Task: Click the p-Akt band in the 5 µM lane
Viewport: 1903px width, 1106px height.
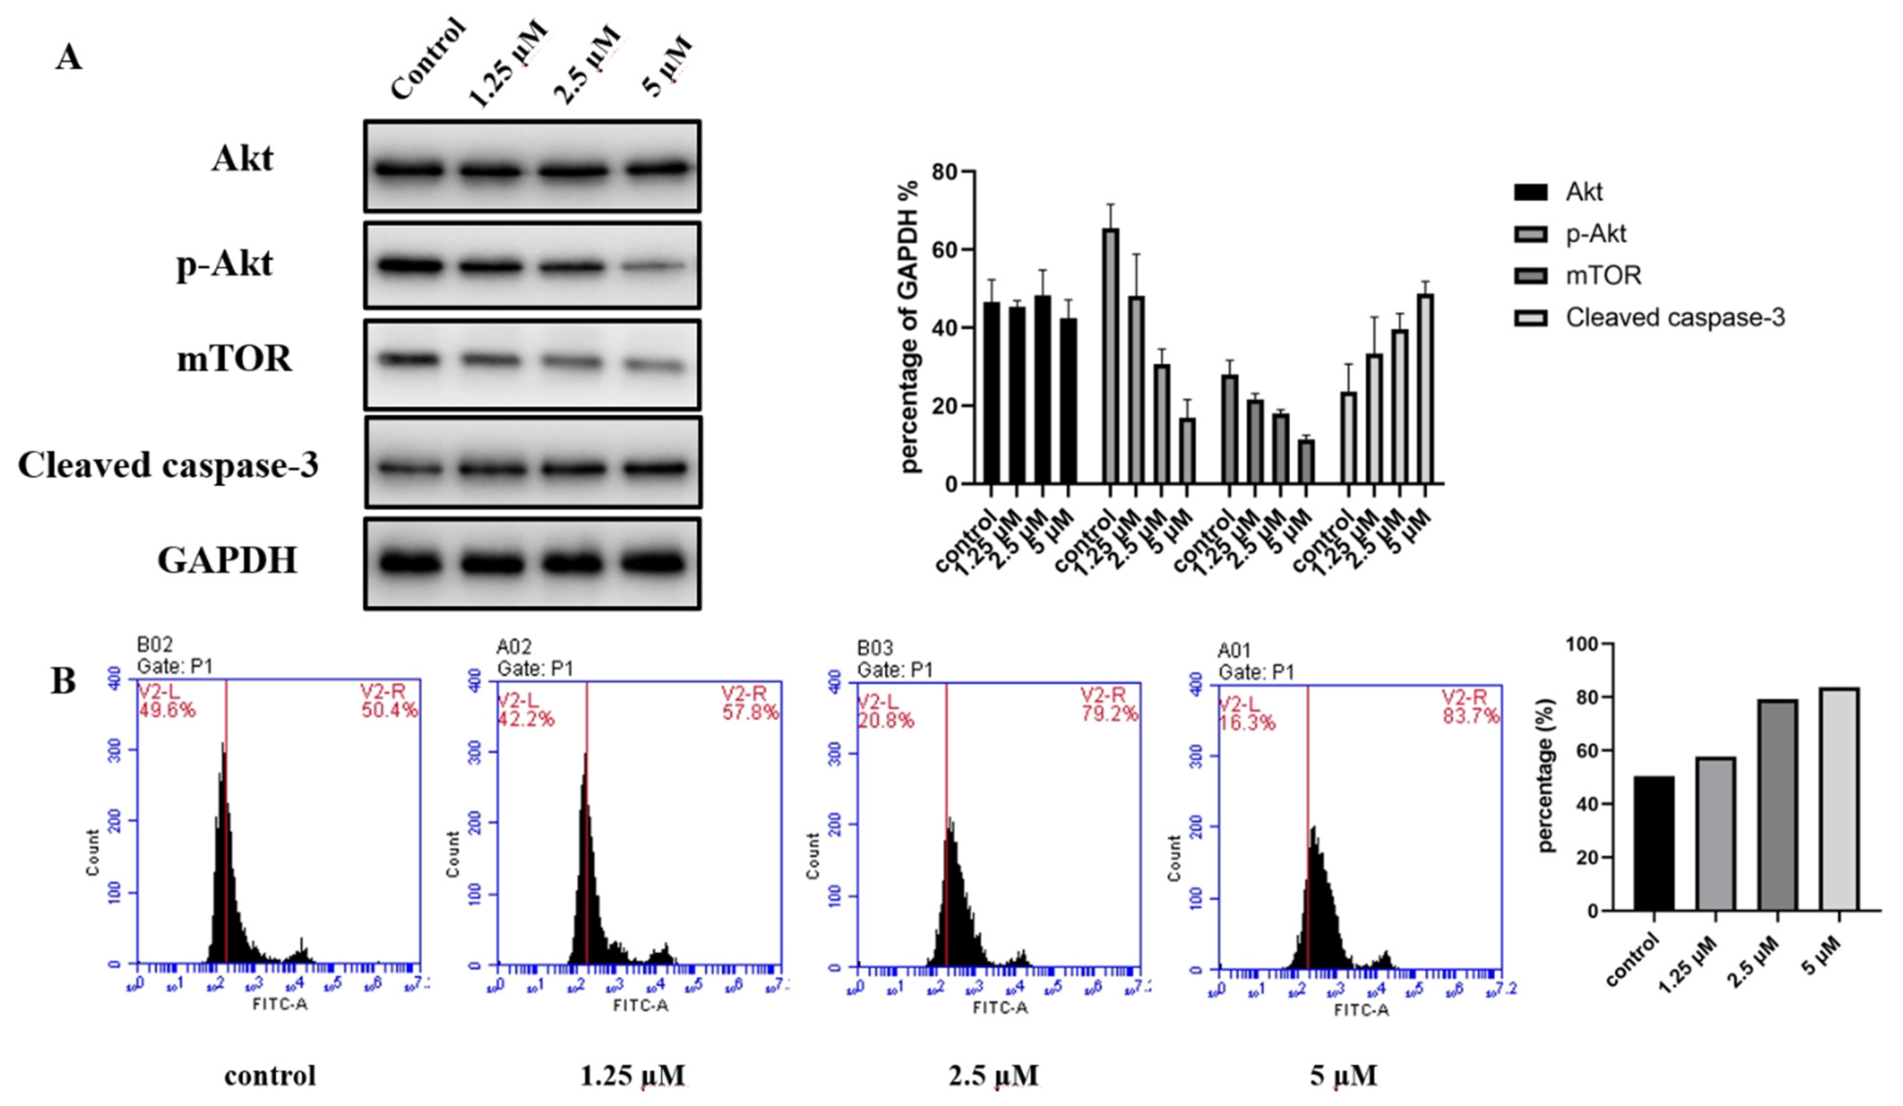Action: point(655,267)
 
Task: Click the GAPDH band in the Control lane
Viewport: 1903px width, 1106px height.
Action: point(410,563)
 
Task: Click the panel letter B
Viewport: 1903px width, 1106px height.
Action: point(64,681)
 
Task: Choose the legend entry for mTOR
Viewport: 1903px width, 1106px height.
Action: point(1603,276)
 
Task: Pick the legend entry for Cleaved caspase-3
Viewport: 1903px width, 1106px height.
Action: point(1674,317)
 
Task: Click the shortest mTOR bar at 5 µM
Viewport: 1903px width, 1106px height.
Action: point(1306,461)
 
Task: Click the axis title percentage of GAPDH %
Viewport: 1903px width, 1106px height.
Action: point(911,326)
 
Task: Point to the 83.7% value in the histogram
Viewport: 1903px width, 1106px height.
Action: point(1470,715)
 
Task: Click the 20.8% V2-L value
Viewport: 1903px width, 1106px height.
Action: point(885,721)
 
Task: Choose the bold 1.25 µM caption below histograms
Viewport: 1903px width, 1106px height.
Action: point(633,1075)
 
